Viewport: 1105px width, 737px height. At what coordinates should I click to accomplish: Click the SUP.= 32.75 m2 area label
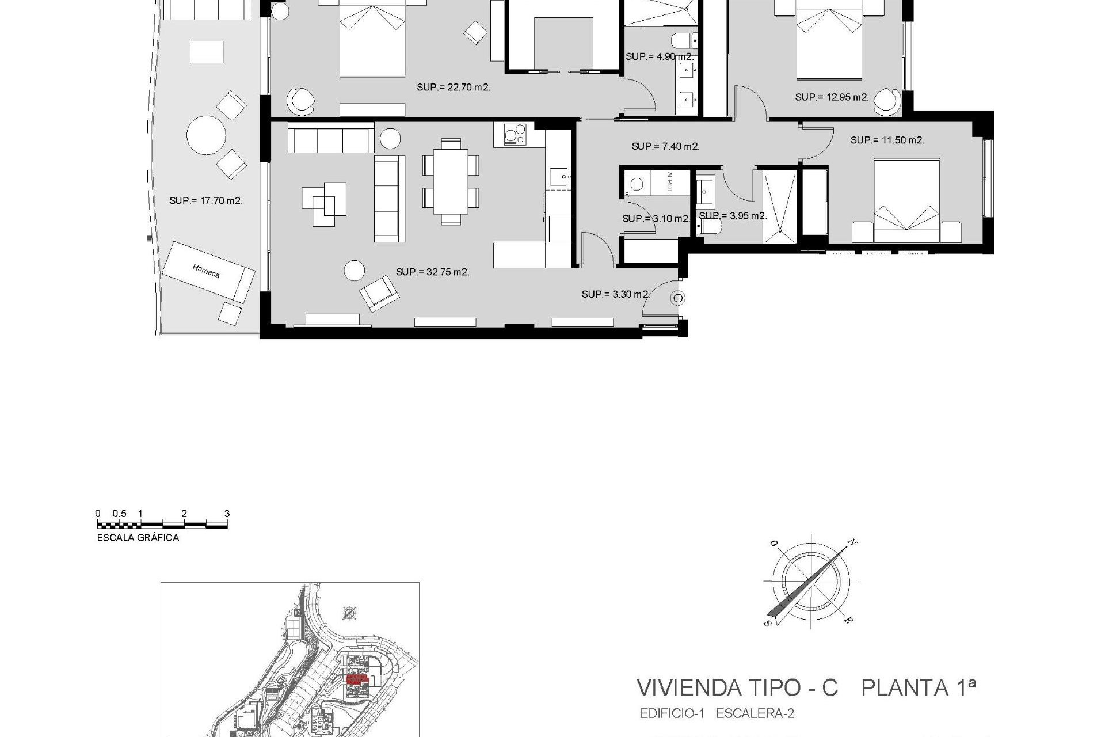[x=433, y=272]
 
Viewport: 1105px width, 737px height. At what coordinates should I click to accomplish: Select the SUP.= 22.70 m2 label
[x=454, y=88]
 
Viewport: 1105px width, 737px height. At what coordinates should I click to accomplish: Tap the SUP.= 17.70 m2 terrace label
[x=206, y=201]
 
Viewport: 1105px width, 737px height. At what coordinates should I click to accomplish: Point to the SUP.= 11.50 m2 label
[x=887, y=140]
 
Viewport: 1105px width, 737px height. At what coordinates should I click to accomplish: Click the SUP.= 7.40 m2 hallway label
[x=666, y=147]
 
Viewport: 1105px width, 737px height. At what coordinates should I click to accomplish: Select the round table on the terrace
[x=206, y=135]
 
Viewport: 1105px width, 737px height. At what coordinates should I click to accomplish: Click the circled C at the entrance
[x=679, y=298]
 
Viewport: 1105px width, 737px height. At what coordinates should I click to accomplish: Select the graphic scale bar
[x=162, y=525]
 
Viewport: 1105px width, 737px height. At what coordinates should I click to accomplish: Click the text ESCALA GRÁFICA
[x=138, y=538]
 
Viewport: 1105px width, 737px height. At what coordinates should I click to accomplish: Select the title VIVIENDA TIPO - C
[x=737, y=688]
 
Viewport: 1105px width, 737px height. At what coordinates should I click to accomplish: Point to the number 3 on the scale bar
[x=227, y=514]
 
